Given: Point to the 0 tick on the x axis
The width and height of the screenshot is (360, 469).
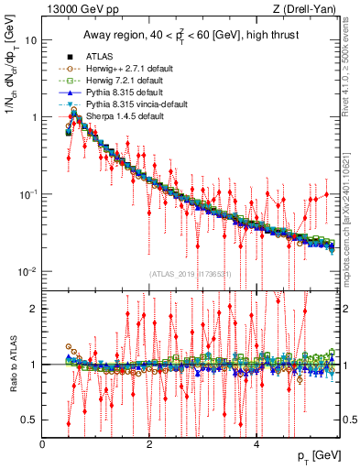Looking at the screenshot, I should click(42, 444).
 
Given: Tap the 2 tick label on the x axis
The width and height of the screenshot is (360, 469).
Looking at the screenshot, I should click(149, 444).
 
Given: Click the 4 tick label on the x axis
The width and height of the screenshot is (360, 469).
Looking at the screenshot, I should click(256, 444).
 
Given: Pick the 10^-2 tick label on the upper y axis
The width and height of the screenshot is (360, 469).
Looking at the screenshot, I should click(27, 272).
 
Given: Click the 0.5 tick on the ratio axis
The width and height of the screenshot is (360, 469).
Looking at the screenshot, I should click(30, 420).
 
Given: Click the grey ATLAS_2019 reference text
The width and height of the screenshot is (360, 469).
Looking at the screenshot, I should click(191, 274).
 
